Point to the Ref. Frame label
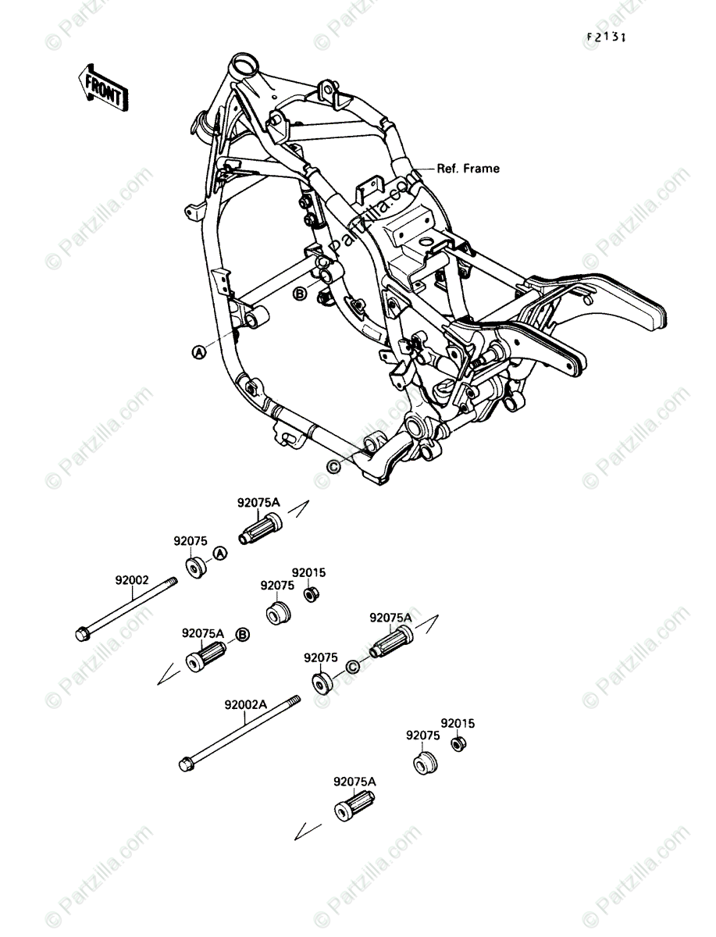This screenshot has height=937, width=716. pyautogui.click(x=468, y=168)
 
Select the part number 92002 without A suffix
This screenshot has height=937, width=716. pyautogui.click(x=131, y=580)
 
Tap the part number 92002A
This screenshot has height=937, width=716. pyautogui.click(x=246, y=704)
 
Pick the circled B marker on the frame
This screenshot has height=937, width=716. pyautogui.click(x=299, y=294)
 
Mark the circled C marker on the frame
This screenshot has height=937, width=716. pyautogui.click(x=333, y=466)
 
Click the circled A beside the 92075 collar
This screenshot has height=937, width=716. pyautogui.click(x=219, y=554)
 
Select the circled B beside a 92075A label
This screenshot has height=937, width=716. pyautogui.click(x=242, y=634)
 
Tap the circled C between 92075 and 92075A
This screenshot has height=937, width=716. pyautogui.click(x=351, y=666)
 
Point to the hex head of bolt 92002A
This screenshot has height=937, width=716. pyautogui.click(x=185, y=765)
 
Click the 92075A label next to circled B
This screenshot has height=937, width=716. pyautogui.click(x=203, y=633)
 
